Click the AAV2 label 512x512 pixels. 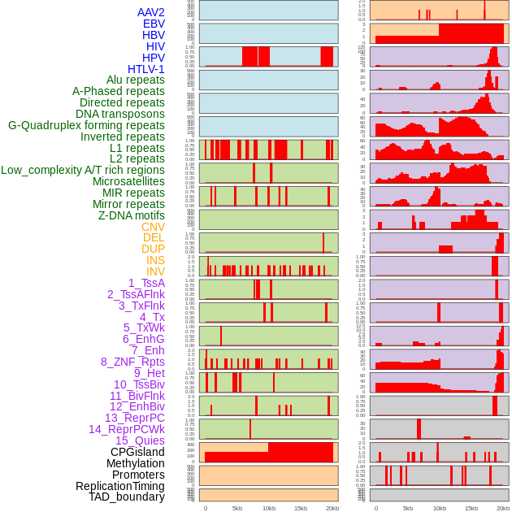tap(150, 12)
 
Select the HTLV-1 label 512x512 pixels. tap(145, 69)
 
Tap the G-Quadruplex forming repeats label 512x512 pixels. tap(86, 125)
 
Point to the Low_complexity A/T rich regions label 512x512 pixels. tap(83, 170)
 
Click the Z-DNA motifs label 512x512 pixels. tap(131, 215)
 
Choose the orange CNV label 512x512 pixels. tap(153, 227)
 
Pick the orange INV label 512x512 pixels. tap(154, 271)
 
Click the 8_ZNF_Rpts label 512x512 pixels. tap(132, 362)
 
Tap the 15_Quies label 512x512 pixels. tap(139, 440)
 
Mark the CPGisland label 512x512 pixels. tap(137, 452)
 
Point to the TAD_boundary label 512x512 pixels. tap(126, 497)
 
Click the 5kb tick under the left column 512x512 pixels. tap(237, 508)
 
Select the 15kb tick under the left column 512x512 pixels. tap(301, 508)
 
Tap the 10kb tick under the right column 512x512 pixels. tap(440, 508)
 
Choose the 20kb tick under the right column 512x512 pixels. tap(503, 508)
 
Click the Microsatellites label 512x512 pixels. tap(128, 181)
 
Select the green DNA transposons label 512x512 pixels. tap(120, 114)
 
